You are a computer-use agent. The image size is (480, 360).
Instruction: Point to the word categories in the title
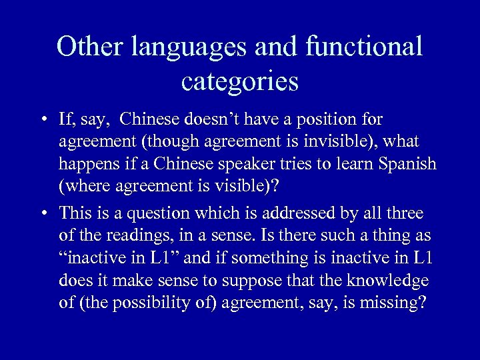click(239, 83)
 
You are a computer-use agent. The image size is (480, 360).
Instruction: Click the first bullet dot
click(42, 121)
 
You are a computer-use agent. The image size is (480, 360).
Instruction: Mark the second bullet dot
click(42, 213)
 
